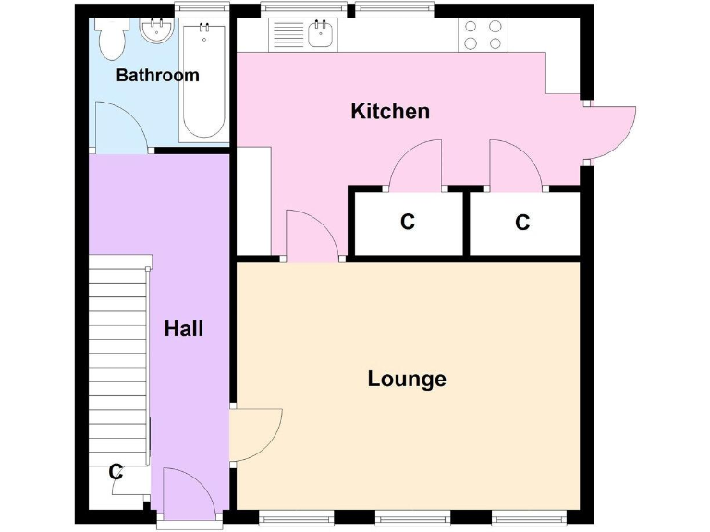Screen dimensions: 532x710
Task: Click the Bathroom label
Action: pos(157,76)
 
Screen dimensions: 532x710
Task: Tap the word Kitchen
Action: pos(390,112)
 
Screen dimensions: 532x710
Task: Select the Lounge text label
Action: pos(407,379)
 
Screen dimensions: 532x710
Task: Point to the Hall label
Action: pos(183,329)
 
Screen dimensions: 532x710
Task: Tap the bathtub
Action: pos(202,79)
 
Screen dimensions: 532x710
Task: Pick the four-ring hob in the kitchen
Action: pos(483,35)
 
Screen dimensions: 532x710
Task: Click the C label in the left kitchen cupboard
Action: pos(407,223)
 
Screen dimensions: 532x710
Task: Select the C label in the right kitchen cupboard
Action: pos(522,223)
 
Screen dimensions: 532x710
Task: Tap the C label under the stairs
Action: pos(116,472)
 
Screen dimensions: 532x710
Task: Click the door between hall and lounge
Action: pos(254,434)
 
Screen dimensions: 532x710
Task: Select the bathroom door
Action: pos(122,129)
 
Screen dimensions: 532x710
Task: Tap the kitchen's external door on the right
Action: pos(610,131)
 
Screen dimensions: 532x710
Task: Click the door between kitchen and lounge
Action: pos(312,236)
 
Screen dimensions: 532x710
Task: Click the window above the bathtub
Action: pos(202,9)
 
